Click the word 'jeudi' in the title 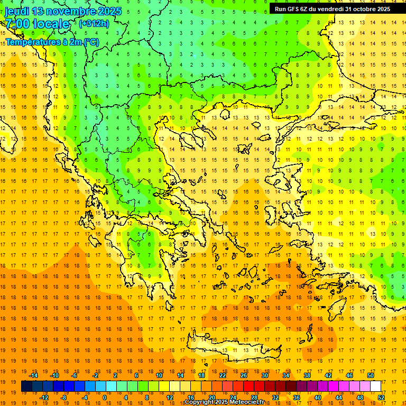point(17,11)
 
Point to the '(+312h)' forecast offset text point(94,24)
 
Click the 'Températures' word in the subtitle point(31,42)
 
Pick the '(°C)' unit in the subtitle point(89,42)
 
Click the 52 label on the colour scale point(381,398)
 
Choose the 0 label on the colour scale point(105,398)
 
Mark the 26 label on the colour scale point(244,375)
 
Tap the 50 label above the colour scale point(371,375)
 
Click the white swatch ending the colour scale point(376,386)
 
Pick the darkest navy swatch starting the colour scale point(26,386)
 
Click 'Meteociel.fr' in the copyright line point(244,402)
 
